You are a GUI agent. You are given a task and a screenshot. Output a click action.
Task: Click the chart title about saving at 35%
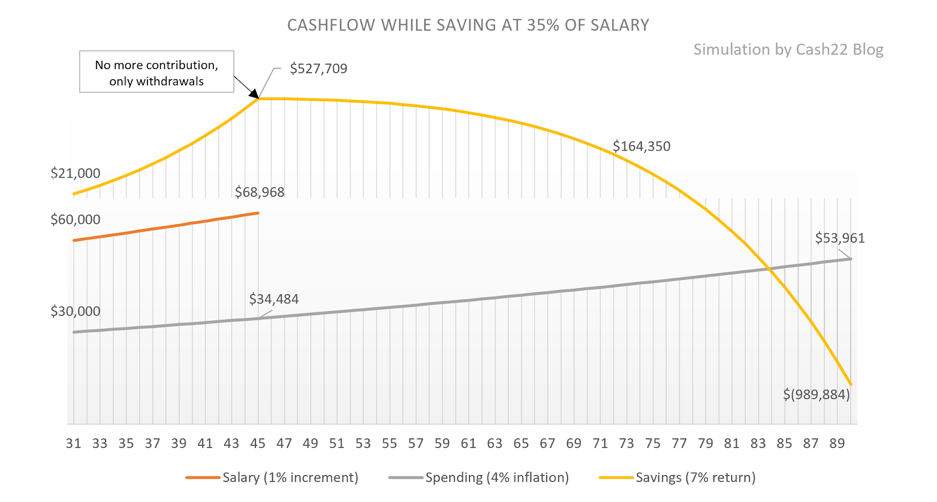pos(468,25)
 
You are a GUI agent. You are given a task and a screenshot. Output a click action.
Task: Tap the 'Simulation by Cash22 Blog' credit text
pos(788,49)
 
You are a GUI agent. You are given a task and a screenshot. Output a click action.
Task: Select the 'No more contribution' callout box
pos(156,72)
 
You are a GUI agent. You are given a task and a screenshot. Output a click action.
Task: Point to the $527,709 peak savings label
pos(318,69)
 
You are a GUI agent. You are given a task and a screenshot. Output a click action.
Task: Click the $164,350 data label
pos(641,146)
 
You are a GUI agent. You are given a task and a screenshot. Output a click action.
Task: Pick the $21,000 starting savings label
pos(75,173)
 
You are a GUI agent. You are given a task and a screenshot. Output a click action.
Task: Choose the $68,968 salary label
pos(259,192)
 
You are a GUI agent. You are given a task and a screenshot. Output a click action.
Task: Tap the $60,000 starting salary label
pos(75,220)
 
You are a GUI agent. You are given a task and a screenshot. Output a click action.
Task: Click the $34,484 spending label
pos(274,299)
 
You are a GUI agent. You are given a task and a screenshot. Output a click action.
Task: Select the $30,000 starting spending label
pos(75,311)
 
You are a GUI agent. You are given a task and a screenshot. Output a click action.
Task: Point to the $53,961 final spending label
pos(840,238)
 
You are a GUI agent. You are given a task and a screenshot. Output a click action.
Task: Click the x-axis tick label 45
pos(258,443)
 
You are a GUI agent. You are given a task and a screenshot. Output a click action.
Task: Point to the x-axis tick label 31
pos(73,443)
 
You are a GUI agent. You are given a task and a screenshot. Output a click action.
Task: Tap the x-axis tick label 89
pos(837,443)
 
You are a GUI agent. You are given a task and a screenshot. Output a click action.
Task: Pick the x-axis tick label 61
pos(468,443)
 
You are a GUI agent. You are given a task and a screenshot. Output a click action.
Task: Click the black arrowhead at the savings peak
pos(254,94)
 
